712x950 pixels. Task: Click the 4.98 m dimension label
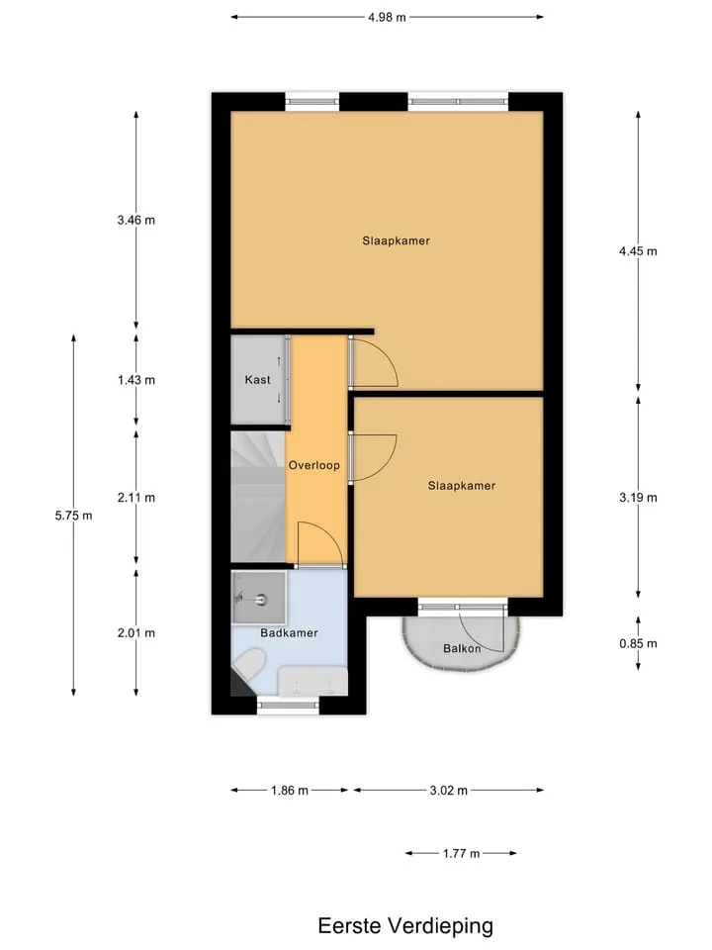pyautogui.click(x=387, y=17)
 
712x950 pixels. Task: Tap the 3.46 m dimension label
pyautogui.click(x=136, y=220)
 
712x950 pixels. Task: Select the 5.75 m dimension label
pyautogui.click(x=74, y=516)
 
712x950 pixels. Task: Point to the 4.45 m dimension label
pyautogui.click(x=638, y=251)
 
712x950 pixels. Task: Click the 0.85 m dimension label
pyautogui.click(x=638, y=643)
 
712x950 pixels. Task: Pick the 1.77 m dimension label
pyautogui.click(x=462, y=853)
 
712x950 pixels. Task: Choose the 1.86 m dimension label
pyautogui.click(x=290, y=790)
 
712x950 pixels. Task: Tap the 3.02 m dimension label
pyautogui.click(x=449, y=790)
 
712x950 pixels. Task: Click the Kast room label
pyautogui.click(x=257, y=380)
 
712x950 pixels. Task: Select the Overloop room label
pyautogui.click(x=314, y=465)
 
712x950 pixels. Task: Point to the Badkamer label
pyautogui.click(x=290, y=632)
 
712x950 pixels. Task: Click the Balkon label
pyautogui.click(x=462, y=648)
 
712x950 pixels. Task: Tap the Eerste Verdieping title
pyautogui.click(x=405, y=926)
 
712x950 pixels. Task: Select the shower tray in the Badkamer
pyautogui.click(x=259, y=598)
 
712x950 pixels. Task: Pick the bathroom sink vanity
pyautogui.click(x=312, y=682)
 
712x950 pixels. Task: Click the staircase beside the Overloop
pyautogui.click(x=258, y=496)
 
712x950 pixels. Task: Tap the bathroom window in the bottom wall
pyautogui.click(x=288, y=706)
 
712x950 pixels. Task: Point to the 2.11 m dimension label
pyautogui.click(x=136, y=498)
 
